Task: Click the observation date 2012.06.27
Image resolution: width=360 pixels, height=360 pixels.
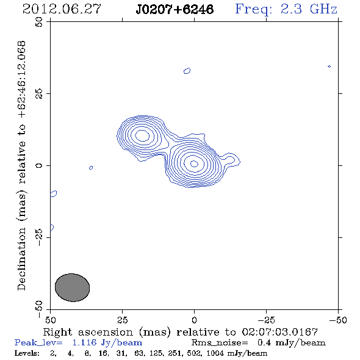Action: click(62, 9)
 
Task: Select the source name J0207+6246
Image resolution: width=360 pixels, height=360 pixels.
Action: click(175, 9)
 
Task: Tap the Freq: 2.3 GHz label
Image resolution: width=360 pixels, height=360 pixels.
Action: click(286, 9)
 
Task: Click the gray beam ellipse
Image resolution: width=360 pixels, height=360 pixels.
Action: click(73, 287)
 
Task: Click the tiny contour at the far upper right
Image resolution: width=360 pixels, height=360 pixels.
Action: click(329, 67)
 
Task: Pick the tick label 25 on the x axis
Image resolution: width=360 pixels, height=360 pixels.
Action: click(123, 320)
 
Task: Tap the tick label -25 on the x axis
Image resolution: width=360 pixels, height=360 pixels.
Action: click(266, 320)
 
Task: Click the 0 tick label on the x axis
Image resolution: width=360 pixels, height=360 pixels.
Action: click(194, 320)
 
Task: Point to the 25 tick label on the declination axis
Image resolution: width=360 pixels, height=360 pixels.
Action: click(39, 94)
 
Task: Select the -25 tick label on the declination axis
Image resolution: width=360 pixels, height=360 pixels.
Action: click(39, 237)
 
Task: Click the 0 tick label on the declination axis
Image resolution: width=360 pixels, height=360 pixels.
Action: click(39, 165)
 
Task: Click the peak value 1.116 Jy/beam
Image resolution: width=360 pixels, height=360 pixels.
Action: click(107, 343)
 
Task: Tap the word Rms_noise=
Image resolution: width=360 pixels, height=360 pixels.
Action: click(220, 343)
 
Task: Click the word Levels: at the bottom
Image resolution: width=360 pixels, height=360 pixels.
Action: click(27, 353)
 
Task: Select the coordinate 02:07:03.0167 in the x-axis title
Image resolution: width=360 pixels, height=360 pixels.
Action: click(279, 332)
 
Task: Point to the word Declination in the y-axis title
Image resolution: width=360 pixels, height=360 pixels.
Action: click(21, 259)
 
